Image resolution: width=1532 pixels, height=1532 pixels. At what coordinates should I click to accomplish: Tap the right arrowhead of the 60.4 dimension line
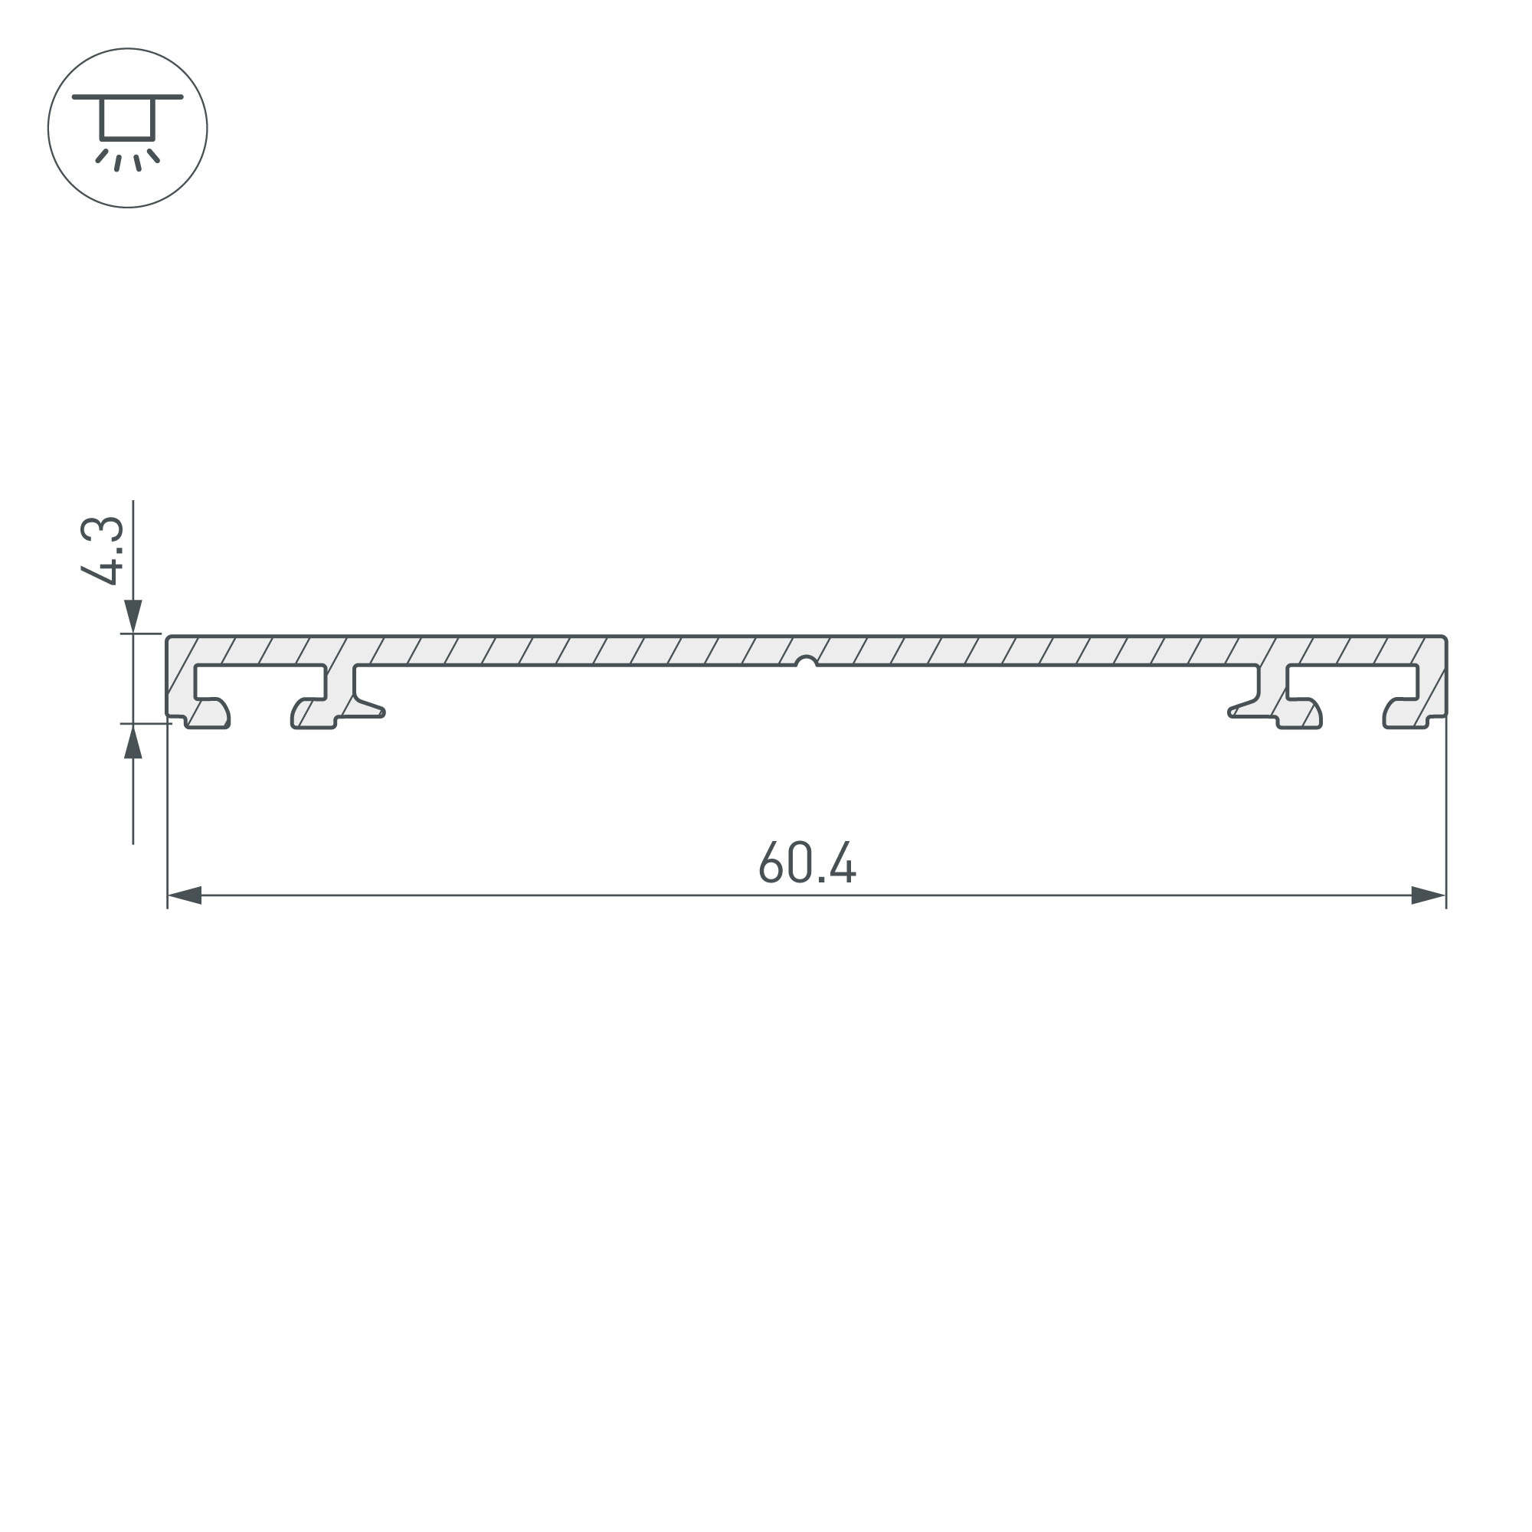[1427, 895]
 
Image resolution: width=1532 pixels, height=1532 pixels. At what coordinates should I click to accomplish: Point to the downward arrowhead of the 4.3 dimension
[133, 616]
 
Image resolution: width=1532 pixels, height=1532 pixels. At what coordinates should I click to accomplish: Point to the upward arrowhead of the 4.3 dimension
[133, 741]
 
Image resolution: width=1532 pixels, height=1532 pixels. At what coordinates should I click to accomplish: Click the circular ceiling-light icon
[128, 128]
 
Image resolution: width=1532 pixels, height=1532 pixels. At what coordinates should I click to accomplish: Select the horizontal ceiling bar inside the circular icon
[128, 97]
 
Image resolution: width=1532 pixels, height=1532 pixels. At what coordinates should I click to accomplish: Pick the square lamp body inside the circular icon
[127, 119]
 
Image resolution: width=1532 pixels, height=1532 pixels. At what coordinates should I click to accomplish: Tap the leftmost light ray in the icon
[102, 155]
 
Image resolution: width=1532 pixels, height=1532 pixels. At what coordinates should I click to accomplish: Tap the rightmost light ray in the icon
[154, 155]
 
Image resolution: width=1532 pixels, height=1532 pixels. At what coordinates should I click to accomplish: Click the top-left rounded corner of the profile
[169, 638]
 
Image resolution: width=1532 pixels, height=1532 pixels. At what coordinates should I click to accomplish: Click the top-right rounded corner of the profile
[1443, 638]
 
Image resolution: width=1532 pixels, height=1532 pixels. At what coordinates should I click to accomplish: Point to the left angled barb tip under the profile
[382, 712]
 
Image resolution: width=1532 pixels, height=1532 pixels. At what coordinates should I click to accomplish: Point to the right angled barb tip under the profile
[1231, 712]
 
